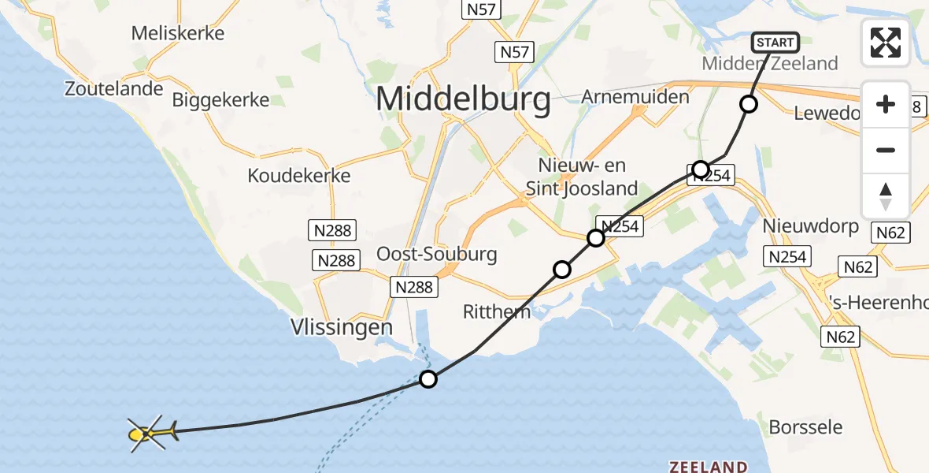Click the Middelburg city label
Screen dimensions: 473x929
[x=463, y=100]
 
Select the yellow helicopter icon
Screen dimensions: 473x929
[x=149, y=433]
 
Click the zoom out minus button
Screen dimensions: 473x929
[x=886, y=150]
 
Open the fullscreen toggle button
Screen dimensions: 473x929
[x=886, y=43]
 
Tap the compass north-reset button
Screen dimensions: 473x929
[x=886, y=196]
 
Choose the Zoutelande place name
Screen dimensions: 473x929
[x=114, y=89]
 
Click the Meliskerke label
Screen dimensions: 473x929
[x=178, y=33]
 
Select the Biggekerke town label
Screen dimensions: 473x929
[x=220, y=100]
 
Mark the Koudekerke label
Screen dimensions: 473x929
[x=298, y=175]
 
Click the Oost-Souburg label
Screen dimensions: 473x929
[x=437, y=254]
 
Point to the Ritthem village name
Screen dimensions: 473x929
[x=497, y=311]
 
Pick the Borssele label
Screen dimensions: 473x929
[x=805, y=428]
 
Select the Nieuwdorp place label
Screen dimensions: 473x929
[x=810, y=226]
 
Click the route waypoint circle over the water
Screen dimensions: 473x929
[x=427, y=379]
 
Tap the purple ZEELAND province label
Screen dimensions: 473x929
[x=708, y=466]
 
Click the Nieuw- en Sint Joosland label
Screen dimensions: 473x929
[x=587, y=177]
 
